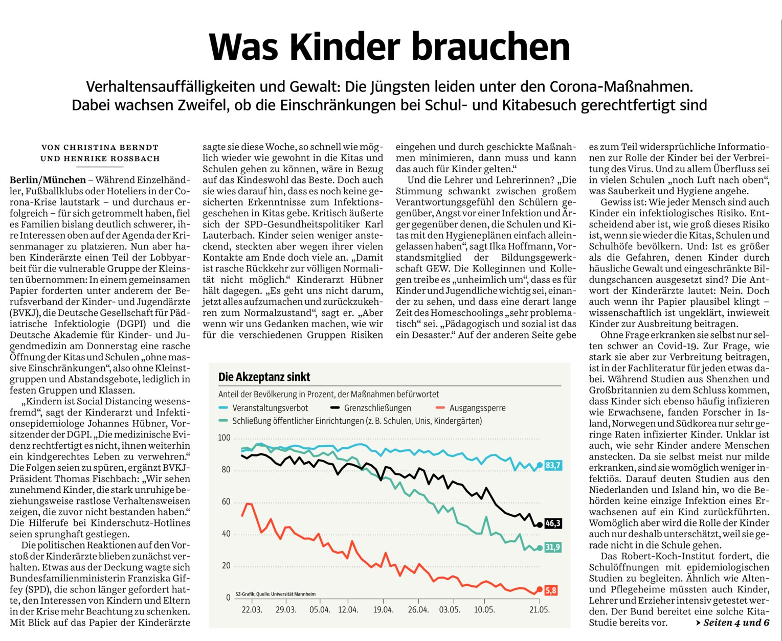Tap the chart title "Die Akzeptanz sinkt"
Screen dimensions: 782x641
point(264,377)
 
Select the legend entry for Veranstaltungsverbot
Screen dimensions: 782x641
point(263,407)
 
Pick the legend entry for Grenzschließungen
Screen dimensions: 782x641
point(370,407)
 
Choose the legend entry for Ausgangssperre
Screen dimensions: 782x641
point(471,407)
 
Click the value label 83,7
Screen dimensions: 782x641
point(553,465)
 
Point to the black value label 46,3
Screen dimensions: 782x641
point(553,523)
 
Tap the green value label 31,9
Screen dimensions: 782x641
point(553,547)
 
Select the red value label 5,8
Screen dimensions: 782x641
point(551,590)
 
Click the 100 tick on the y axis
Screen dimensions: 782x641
point(225,438)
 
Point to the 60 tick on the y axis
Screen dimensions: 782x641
point(226,501)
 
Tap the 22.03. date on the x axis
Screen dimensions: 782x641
point(252,610)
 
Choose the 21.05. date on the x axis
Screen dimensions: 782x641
point(540,610)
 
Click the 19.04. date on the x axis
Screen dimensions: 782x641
point(383,610)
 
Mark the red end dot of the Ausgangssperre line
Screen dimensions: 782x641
point(540,589)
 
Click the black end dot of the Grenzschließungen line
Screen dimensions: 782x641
point(540,524)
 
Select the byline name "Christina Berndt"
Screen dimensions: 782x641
point(111,147)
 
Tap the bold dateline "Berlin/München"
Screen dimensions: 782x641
point(48,180)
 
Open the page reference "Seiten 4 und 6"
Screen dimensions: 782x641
point(736,622)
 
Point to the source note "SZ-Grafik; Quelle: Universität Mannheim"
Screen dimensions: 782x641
point(276,594)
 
